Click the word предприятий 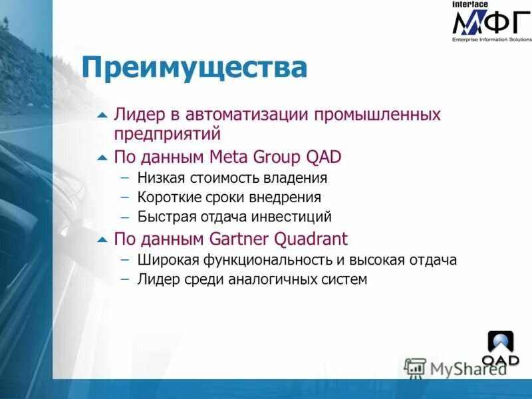coord(167,134)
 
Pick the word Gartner coord(244,238)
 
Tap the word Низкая coord(162,178)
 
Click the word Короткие coord(169,198)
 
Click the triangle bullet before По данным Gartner coord(102,239)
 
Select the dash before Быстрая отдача coord(125,217)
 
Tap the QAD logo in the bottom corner coord(501,349)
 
